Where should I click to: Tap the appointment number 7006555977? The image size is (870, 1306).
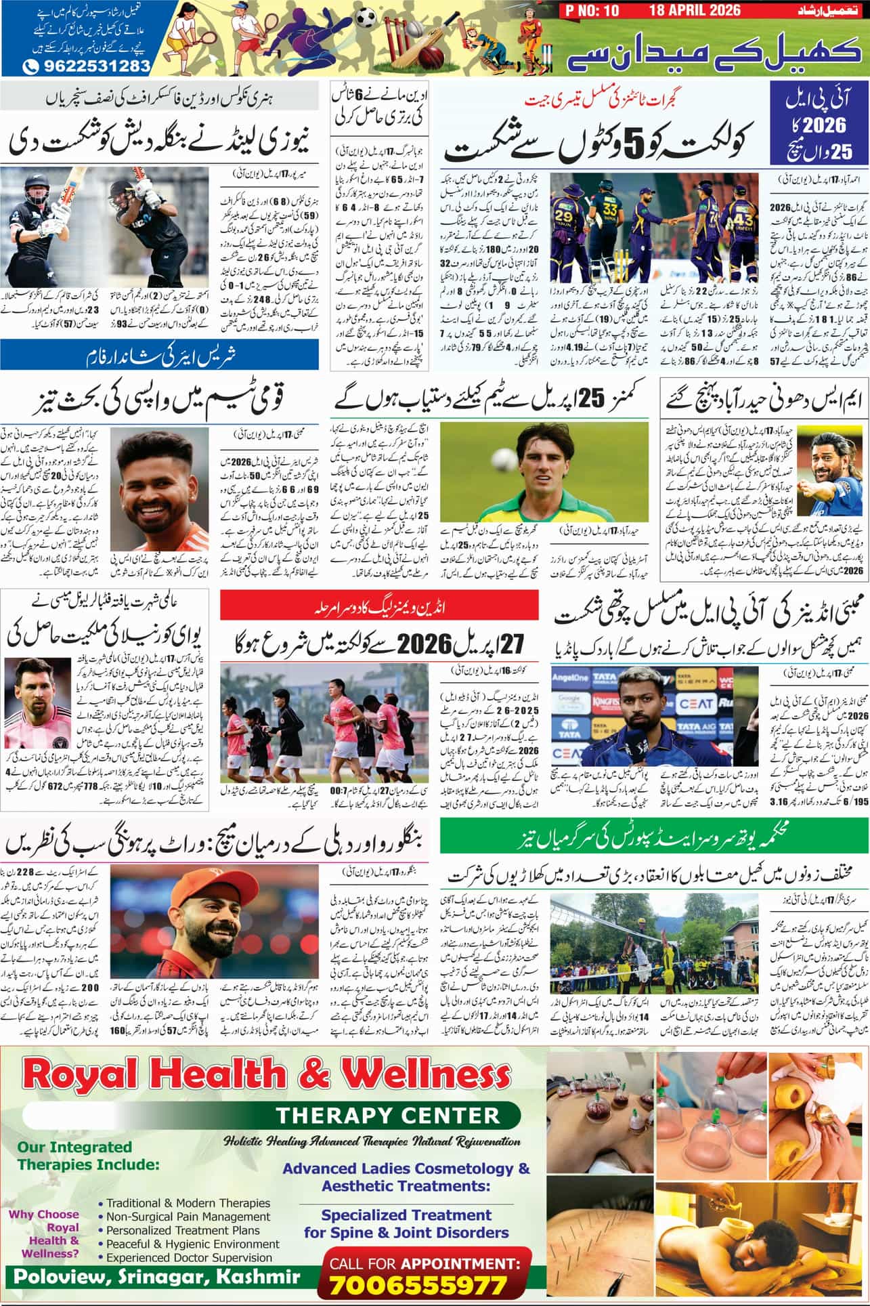pos(418,1284)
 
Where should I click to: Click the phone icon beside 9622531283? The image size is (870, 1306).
pos(30,66)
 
